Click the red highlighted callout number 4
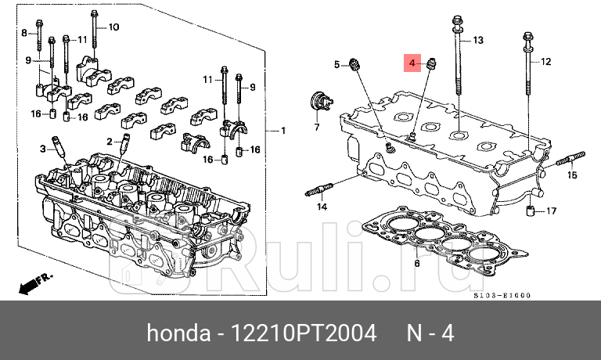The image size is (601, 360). click(x=412, y=63)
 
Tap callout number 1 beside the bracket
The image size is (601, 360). click(x=283, y=130)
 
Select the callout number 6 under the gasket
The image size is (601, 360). click(x=416, y=264)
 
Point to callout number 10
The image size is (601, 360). click(x=113, y=27)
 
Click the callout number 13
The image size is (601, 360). click(x=478, y=40)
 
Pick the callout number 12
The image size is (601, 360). click(x=546, y=61)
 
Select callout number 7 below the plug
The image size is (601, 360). click(x=318, y=126)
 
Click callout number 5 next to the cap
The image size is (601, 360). click(x=337, y=64)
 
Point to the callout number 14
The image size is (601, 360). click(x=321, y=207)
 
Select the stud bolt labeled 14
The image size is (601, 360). click(x=321, y=189)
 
